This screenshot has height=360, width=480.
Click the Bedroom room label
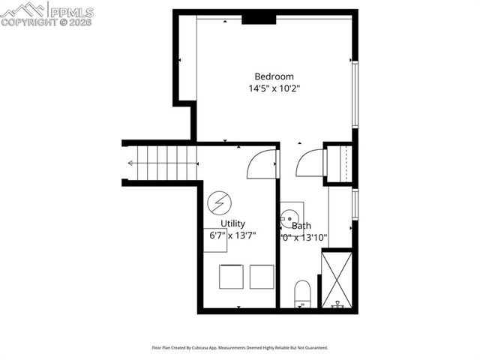pyautogui.click(x=274, y=76)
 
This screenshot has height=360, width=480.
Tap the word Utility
pyautogui.click(x=232, y=223)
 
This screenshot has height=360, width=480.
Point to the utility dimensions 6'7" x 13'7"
pyautogui.click(x=232, y=235)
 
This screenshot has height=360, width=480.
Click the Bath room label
pyautogui.click(x=301, y=225)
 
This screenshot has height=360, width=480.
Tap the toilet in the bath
pyautogui.click(x=302, y=293)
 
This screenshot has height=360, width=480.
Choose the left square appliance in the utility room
pyautogui.click(x=231, y=276)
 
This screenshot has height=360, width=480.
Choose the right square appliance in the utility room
pyautogui.click(x=262, y=276)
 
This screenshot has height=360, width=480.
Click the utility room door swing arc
pyautogui.click(x=261, y=164)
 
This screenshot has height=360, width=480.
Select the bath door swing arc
pyautogui.click(x=309, y=163)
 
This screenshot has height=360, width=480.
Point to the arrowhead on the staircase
pyautogui.click(x=131, y=163)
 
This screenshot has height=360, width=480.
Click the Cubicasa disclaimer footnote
pyautogui.click(x=239, y=348)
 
